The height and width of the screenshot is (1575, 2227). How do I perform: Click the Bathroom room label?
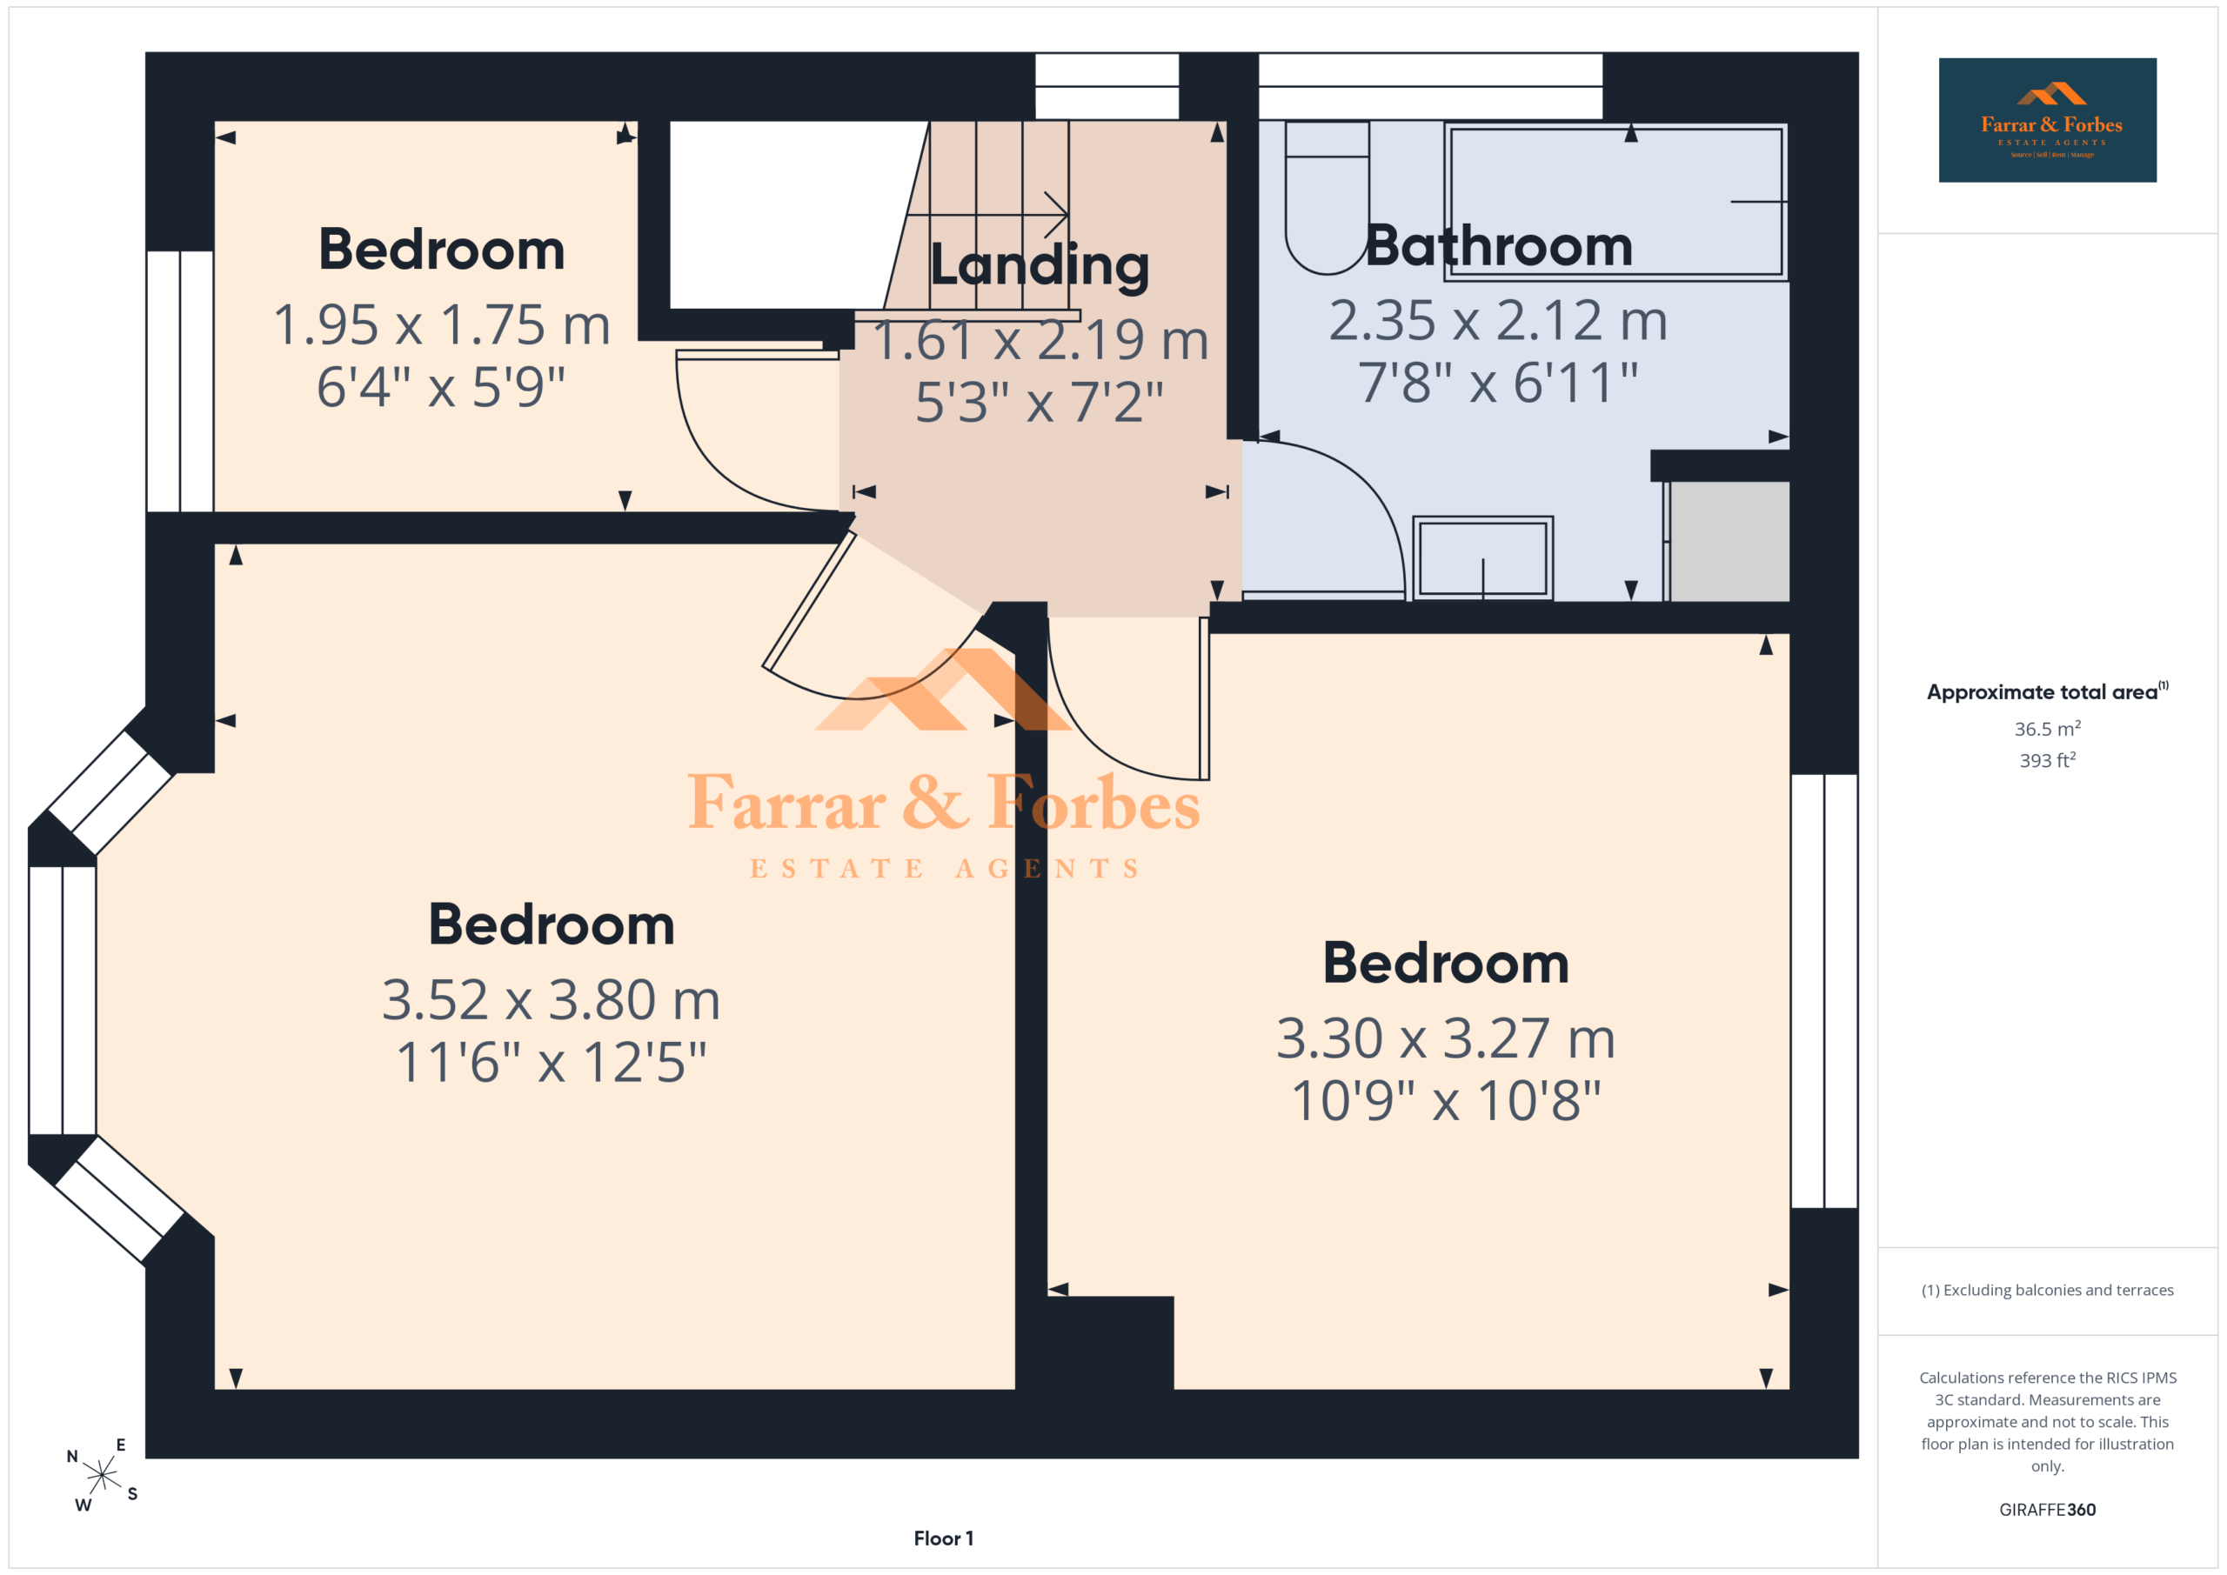1499,246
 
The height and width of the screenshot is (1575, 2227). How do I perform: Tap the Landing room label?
1039,264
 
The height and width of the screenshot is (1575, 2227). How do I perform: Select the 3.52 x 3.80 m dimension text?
551,1000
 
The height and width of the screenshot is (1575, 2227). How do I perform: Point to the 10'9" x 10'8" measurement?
1445,1102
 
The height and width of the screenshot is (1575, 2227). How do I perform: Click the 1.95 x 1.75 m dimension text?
441,325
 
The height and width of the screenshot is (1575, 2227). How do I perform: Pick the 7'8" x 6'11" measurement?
1498,382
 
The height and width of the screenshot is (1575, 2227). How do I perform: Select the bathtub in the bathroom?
1616,203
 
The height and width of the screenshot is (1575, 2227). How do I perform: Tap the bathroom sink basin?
1482,558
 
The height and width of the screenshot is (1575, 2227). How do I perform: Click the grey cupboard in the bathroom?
1728,541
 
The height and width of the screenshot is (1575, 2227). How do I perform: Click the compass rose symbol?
102,1475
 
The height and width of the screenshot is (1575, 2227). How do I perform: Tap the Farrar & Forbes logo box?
2048,120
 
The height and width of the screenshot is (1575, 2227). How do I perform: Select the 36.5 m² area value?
2048,728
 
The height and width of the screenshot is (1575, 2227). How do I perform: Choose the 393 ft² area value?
2048,760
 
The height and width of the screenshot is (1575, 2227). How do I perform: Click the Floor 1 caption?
944,1538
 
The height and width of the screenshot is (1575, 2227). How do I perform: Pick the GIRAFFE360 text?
2048,1509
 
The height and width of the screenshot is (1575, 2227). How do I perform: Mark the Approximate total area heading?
2047,691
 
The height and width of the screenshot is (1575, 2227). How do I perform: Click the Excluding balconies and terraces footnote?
2048,1290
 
